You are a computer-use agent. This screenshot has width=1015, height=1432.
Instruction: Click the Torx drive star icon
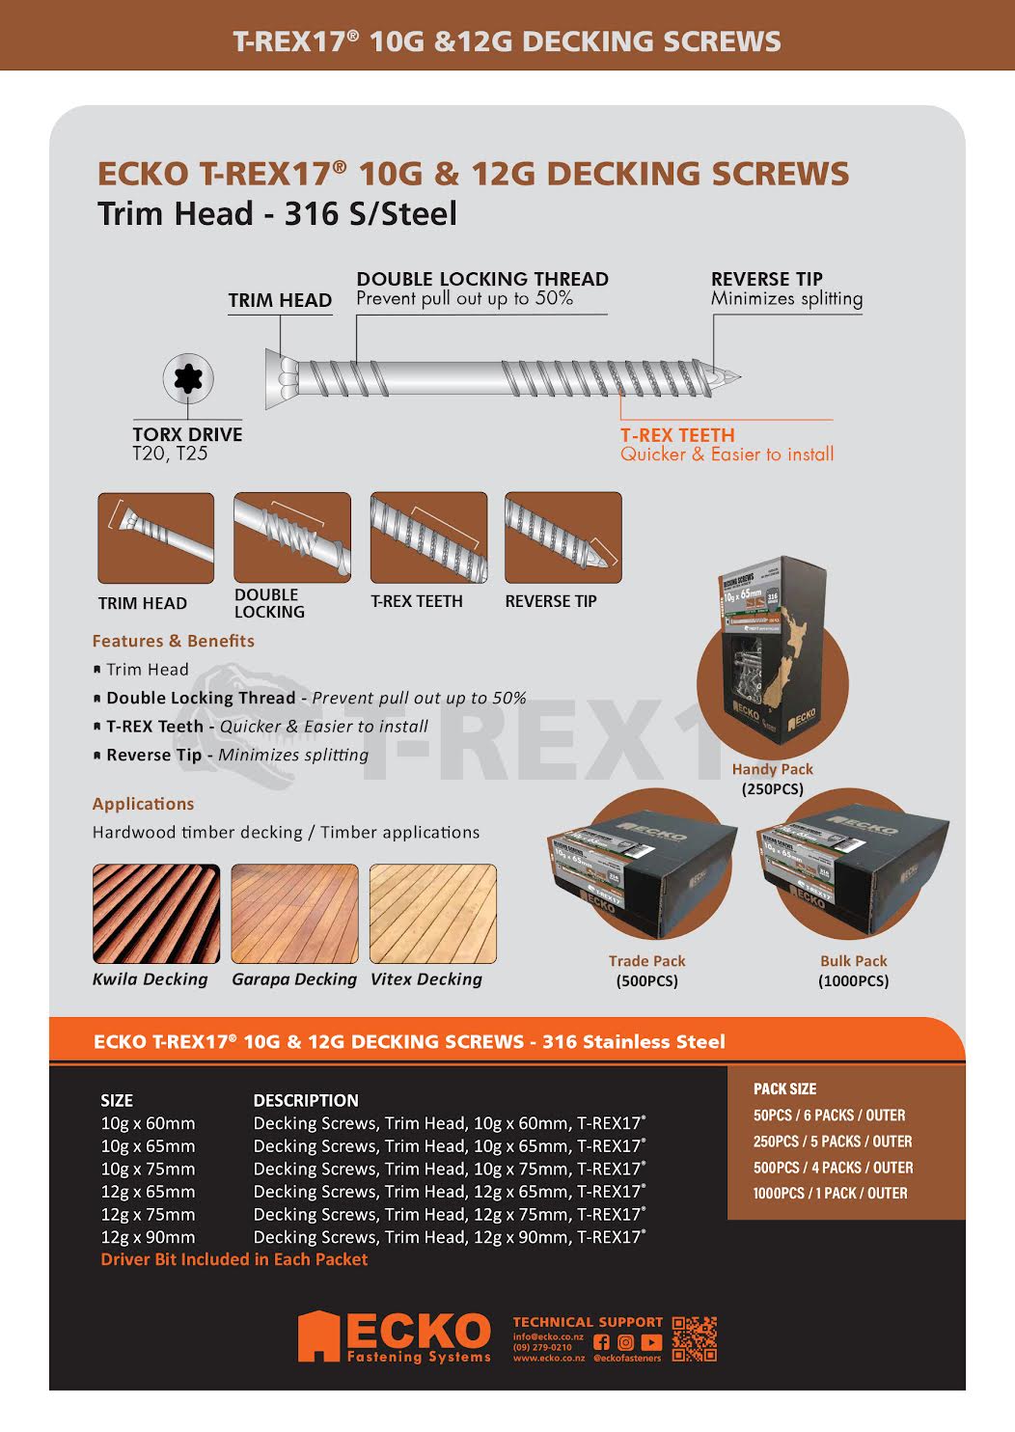(188, 378)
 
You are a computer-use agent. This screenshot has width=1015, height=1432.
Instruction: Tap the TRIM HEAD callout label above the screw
(280, 300)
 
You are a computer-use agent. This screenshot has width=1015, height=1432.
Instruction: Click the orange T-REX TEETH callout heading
(677, 435)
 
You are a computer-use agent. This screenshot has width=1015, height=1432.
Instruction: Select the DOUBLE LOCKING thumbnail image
(292, 537)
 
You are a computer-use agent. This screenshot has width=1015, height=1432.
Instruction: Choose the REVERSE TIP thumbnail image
(562, 537)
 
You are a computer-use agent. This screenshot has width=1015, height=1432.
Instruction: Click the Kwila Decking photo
(156, 914)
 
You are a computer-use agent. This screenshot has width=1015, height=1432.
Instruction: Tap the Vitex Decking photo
(433, 914)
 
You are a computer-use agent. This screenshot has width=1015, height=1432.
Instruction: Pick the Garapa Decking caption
(294, 979)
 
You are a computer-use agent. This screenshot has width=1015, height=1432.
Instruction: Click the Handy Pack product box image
(772, 656)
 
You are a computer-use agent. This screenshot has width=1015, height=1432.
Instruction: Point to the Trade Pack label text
(646, 961)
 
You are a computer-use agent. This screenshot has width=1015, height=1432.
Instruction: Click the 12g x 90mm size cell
(148, 1237)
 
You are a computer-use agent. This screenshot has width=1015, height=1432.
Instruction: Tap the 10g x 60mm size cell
(148, 1123)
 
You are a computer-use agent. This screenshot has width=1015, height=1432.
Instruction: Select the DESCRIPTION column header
(306, 1100)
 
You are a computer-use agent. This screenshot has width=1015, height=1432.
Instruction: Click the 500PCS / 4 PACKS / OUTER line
(833, 1168)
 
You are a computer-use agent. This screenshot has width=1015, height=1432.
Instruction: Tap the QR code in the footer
(695, 1339)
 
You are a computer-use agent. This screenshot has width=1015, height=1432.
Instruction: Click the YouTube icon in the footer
(652, 1342)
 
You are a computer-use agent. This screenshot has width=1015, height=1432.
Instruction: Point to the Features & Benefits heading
(174, 641)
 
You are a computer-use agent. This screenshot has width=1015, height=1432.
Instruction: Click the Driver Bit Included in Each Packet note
(234, 1259)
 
